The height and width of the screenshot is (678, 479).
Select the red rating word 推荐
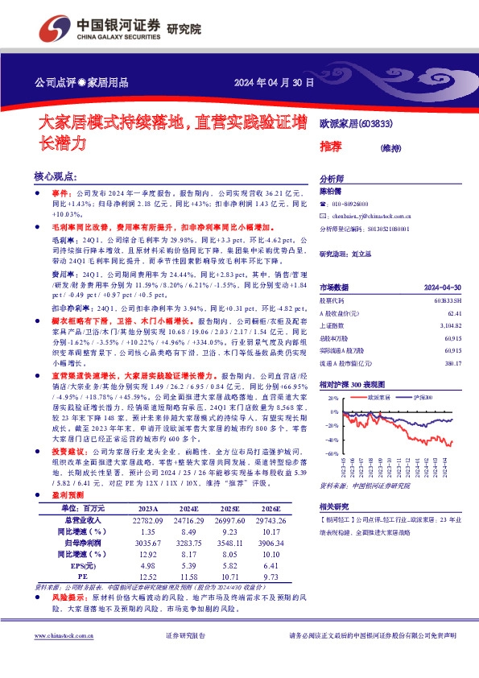(x=330, y=146)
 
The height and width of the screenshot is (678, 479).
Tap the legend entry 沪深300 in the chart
(x=424, y=398)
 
